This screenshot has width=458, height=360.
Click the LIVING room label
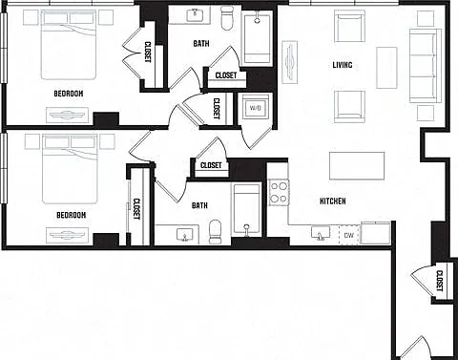[343, 65]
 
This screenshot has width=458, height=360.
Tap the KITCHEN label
[333, 201]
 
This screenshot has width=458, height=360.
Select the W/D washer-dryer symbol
[255, 108]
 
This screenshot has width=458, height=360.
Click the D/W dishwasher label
[349, 236]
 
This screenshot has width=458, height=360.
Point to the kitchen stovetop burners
[279, 192]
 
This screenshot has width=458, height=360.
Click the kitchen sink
[321, 233]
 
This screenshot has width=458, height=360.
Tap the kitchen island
[357, 165]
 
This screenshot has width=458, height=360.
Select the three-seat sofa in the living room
[426, 66]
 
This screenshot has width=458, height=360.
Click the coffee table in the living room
[386, 68]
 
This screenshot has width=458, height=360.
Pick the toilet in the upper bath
[227, 18]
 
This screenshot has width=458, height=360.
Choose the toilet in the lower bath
[215, 231]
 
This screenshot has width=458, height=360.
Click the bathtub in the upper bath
[258, 38]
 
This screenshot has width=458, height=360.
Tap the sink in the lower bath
[185, 234]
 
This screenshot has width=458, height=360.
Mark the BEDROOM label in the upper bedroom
[69, 94]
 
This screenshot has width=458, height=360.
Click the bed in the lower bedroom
[70, 169]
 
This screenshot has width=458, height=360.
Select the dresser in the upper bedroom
[67, 115]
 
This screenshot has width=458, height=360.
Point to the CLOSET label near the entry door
[440, 281]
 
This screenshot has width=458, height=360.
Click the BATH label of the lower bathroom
[199, 205]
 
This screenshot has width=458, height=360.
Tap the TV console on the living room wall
[289, 62]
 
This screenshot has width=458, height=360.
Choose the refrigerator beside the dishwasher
[376, 233]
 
